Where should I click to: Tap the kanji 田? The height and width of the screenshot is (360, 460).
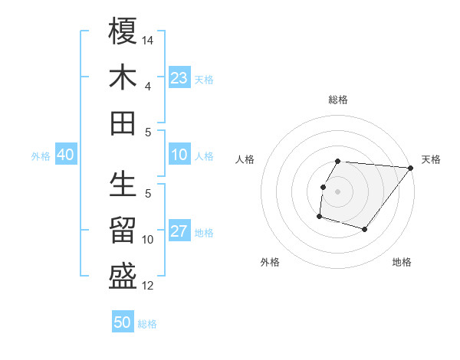click(x=123, y=123)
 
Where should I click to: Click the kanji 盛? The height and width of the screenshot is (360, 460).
click(x=123, y=277)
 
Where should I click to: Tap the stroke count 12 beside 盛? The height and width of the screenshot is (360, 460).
click(x=149, y=286)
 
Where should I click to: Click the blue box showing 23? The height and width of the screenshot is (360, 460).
click(x=179, y=78)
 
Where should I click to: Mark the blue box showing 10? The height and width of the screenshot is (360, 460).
click(x=179, y=155)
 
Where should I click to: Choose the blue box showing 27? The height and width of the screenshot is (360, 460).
click(x=179, y=232)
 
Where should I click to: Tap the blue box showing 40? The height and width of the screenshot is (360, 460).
click(x=65, y=155)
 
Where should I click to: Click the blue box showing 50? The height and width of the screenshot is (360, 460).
click(x=123, y=322)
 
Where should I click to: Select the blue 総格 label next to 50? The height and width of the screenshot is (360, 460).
click(x=147, y=324)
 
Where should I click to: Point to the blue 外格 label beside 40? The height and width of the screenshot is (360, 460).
click(x=41, y=156)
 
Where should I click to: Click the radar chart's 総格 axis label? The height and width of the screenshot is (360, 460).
click(x=338, y=100)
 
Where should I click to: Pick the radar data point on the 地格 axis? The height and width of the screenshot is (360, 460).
click(x=365, y=229)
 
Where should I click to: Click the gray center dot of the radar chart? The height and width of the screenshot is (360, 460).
click(x=338, y=191)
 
